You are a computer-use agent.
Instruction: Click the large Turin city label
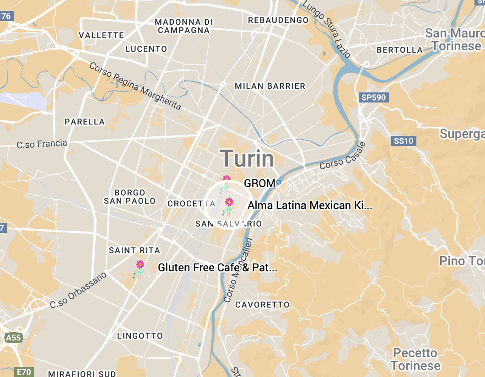(248, 159)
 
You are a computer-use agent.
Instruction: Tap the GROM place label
(259, 183)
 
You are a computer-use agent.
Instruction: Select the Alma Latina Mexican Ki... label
(309, 205)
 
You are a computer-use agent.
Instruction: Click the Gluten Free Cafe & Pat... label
(217, 268)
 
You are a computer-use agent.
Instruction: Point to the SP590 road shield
(374, 97)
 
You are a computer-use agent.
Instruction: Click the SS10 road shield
(403, 141)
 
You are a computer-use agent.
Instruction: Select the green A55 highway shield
(13, 338)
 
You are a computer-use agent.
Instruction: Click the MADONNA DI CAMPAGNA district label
(184, 26)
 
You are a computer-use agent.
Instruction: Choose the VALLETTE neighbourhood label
(101, 35)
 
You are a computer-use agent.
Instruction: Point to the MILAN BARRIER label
(269, 86)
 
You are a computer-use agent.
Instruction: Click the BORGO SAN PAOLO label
(130, 197)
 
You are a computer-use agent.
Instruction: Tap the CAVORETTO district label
(262, 305)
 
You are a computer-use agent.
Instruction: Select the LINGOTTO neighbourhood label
(140, 336)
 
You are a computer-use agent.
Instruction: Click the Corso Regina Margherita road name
(135, 86)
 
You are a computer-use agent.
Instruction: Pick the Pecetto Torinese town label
(415, 359)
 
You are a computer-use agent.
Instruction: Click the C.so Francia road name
(42, 144)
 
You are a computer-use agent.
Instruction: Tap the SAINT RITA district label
(135, 250)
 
